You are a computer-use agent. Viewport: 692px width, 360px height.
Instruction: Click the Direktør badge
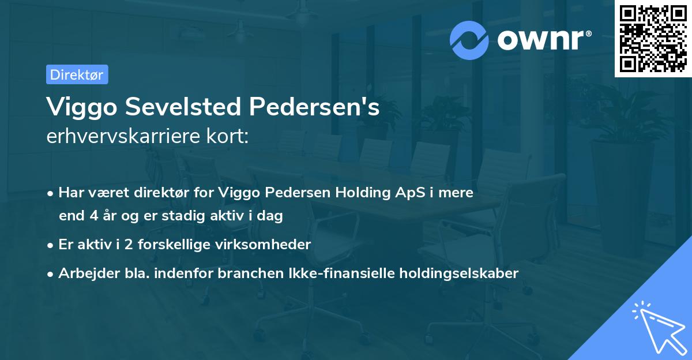tap(77, 74)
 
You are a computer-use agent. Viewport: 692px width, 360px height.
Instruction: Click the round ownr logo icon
tap(469, 40)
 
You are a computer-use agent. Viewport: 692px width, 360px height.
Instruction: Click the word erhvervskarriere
tap(120, 137)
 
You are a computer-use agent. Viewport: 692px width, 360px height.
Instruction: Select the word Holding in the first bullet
tap(362, 193)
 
